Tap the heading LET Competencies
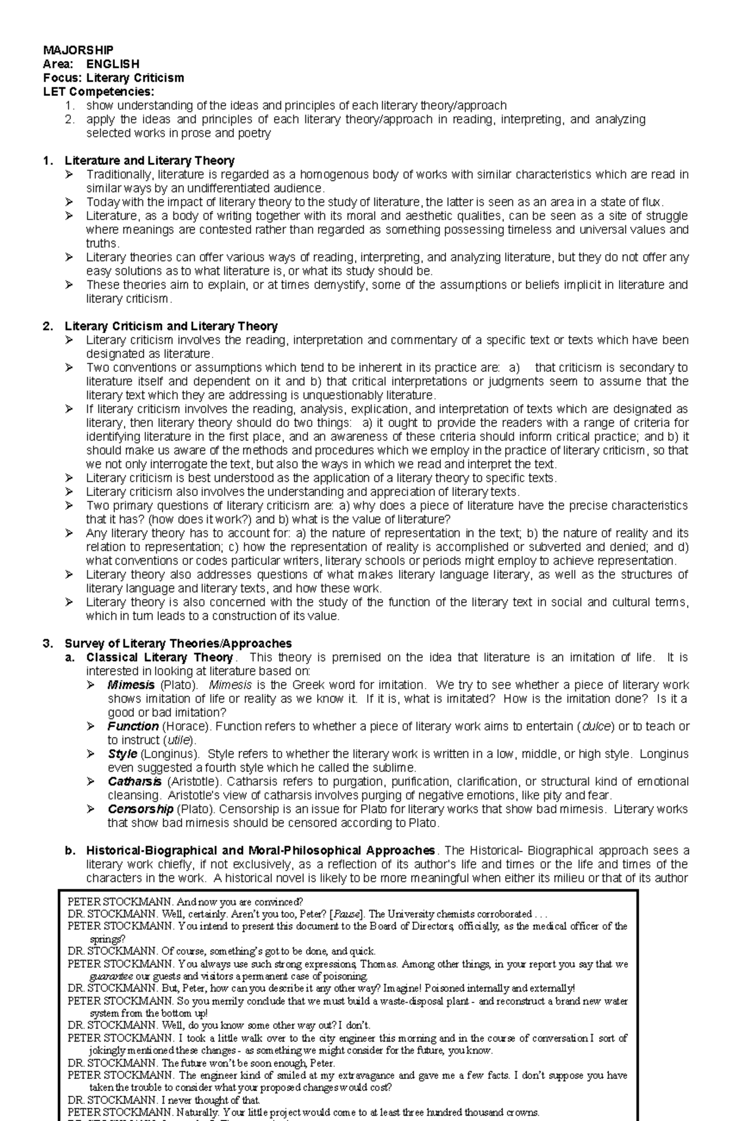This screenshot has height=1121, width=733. pos(98,92)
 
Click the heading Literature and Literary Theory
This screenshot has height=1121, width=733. pos(150,161)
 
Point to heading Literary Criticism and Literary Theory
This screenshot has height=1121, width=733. pos(171,326)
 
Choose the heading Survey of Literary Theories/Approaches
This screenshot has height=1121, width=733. pos(178,643)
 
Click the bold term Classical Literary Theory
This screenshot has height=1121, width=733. pos(159,657)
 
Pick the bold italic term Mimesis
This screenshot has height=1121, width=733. pos(131,685)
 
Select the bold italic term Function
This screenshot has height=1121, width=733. pos(133,726)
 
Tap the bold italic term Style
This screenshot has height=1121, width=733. pos(122,754)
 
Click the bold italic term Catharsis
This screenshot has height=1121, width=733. pos(134,781)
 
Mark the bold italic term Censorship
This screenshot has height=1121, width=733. pos(140,809)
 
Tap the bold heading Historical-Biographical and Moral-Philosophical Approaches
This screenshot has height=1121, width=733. pos(261,850)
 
